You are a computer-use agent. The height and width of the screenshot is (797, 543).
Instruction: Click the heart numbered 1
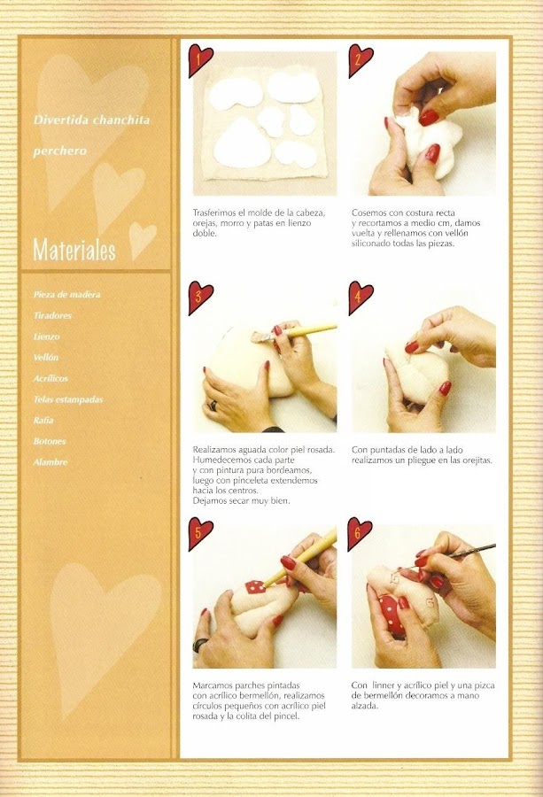coord(199,59)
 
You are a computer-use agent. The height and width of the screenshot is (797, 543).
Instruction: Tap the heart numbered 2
coord(360,59)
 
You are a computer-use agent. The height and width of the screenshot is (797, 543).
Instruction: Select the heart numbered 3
coord(199,297)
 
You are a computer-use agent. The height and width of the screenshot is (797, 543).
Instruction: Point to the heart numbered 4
coord(360,297)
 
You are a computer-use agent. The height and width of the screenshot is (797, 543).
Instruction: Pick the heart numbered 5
coord(199,533)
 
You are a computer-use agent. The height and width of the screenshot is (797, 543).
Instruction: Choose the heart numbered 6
coord(359,533)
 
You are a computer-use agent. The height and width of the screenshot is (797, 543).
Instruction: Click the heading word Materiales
coord(74,250)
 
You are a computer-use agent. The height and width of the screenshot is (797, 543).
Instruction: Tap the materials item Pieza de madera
coord(67,294)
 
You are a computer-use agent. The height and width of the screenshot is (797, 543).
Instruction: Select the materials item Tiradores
coord(52,315)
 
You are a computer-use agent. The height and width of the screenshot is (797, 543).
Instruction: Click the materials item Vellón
coord(46,358)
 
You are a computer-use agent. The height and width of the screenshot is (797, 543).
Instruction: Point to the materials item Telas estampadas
coord(68,399)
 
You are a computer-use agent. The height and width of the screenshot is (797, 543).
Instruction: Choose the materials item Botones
coord(50,441)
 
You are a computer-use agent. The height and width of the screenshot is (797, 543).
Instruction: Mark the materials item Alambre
coord(50,462)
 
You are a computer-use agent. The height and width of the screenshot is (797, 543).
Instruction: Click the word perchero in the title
coord(60,151)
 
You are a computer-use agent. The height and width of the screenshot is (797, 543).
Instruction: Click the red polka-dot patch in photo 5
coord(256,588)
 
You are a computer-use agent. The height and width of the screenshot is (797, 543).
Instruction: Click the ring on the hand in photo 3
coord(213,405)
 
